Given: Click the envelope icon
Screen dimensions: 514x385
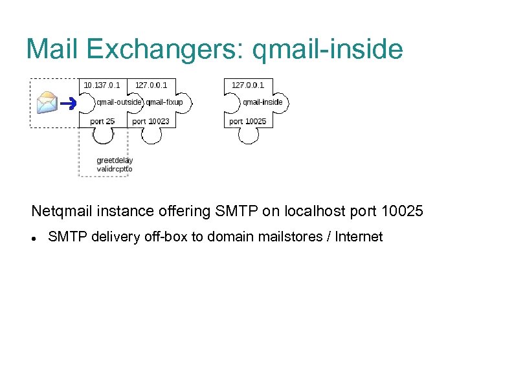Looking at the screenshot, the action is click(x=47, y=103).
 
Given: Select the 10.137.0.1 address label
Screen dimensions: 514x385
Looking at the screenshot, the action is click(x=102, y=85).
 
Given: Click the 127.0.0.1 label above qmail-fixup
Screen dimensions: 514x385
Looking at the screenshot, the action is click(x=151, y=85).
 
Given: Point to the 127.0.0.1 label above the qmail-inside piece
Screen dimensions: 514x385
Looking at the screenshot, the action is click(x=248, y=85).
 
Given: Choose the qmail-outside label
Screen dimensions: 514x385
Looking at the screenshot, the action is click(x=119, y=102).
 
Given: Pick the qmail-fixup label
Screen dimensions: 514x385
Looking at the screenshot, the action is click(x=164, y=102).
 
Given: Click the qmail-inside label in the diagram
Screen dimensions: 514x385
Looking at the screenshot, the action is click(x=262, y=102).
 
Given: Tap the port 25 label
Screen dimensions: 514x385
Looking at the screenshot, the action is click(x=102, y=121).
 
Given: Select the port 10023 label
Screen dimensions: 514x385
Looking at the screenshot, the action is click(x=151, y=121).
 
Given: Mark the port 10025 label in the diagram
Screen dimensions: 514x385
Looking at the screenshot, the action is click(x=248, y=121).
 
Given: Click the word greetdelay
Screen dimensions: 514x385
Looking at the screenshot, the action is click(x=115, y=160).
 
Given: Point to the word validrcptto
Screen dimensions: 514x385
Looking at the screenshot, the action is click(x=115, y=169).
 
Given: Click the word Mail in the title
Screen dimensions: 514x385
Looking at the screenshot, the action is click(x=53, y=49).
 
